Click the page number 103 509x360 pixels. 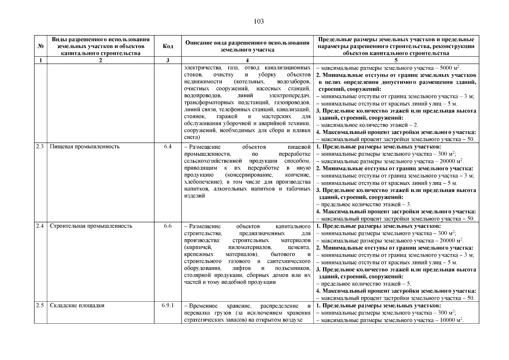coord(259,22)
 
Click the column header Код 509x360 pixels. coord(168,46)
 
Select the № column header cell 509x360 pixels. coord(40,46)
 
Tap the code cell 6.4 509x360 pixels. coord(168,147)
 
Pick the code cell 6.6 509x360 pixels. coord(168,226)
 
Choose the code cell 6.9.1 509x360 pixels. coord(168,305)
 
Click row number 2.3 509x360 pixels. coord(40,147)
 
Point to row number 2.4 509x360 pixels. coord(40,226)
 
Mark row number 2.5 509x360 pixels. coord(40,305)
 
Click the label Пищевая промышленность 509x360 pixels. coord(85,147)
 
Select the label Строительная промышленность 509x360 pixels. coord(91,226)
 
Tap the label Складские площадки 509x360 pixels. coord(77,305)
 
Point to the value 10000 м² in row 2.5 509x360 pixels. coord(451,320)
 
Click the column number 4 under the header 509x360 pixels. coord(247,60)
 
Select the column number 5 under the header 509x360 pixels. coord(396,60)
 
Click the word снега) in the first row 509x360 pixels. coord(192,137)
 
